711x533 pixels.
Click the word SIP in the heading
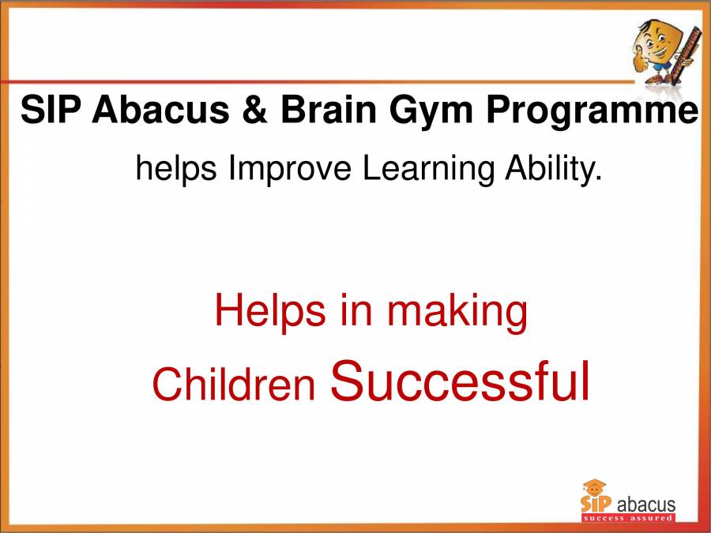coord(51,111)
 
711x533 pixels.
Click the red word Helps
coord(269,311)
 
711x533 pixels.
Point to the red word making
coord(457,311)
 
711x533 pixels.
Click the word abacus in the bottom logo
coord(645,503)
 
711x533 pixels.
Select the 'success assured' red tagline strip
coord(628,518)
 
